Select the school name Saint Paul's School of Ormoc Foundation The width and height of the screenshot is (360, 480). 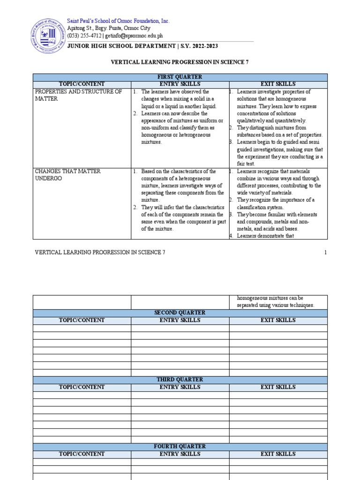tap(118, 21)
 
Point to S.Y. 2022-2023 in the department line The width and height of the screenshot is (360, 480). tap(200, 46)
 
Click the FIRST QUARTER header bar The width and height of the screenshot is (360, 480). tap(180, 77)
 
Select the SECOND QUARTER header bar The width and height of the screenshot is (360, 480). tap(180, 313)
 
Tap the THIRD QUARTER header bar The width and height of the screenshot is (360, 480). tap(180, 380)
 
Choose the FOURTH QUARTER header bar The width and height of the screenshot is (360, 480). tap(180, 447)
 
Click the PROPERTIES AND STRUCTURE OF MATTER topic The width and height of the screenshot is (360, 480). tap(78, 95)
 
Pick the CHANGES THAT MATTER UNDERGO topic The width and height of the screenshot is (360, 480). tap(68, 175)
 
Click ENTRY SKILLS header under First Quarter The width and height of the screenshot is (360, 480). tap(180, 84)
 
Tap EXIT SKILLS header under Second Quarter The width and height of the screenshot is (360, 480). tap(278, 320)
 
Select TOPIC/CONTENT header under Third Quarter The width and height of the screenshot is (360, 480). tap(82, 387)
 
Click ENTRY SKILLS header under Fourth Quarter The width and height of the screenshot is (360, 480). tap(180, 454)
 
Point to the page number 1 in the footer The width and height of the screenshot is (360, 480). tap(325, 252)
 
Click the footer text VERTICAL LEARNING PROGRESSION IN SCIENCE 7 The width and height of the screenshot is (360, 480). tap(100, 252)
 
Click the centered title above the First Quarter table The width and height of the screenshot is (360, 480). tap(180, 61)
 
